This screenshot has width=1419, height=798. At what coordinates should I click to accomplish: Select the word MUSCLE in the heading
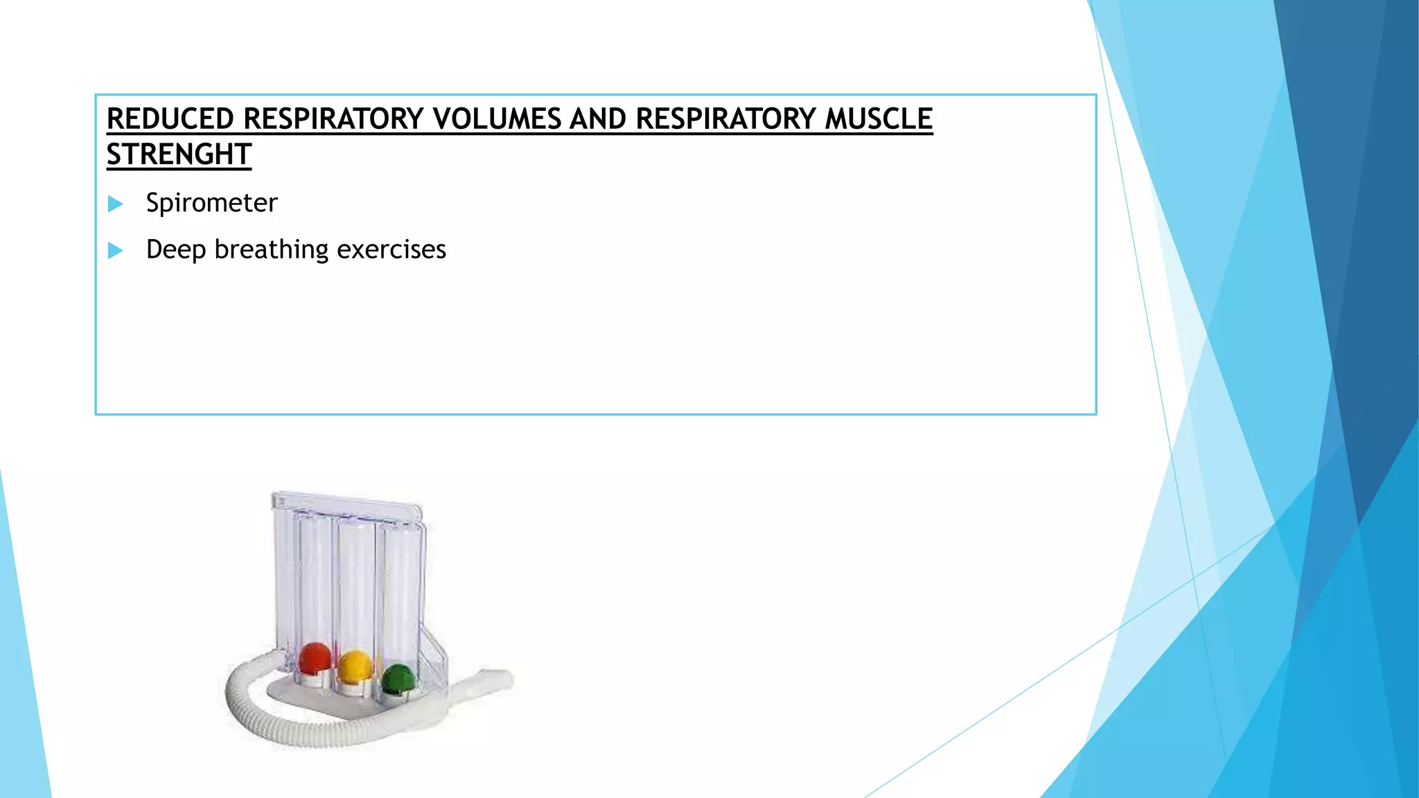[x=879, y=119]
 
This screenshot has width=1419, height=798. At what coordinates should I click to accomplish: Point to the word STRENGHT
[x=179, y=154]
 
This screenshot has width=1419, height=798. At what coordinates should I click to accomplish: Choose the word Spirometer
[x=211, y=203]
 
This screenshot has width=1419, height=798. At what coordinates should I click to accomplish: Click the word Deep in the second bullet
[x=176, y=249]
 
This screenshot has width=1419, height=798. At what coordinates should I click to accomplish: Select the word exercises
[x=391, y=249]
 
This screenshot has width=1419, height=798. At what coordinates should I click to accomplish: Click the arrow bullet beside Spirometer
[x=116, y=204]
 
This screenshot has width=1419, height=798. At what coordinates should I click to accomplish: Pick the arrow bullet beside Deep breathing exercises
[x=116, y=250]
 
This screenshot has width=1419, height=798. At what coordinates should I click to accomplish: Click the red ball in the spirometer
[x=315, y=657]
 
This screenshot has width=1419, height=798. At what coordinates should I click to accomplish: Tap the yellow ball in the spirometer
[x=355, y=665]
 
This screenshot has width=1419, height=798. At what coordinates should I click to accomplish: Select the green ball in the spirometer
[x=398, y=678]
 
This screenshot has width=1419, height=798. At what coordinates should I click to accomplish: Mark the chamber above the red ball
[x=315, y=575]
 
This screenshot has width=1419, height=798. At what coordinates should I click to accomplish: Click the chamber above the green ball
[x=400, y=589]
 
